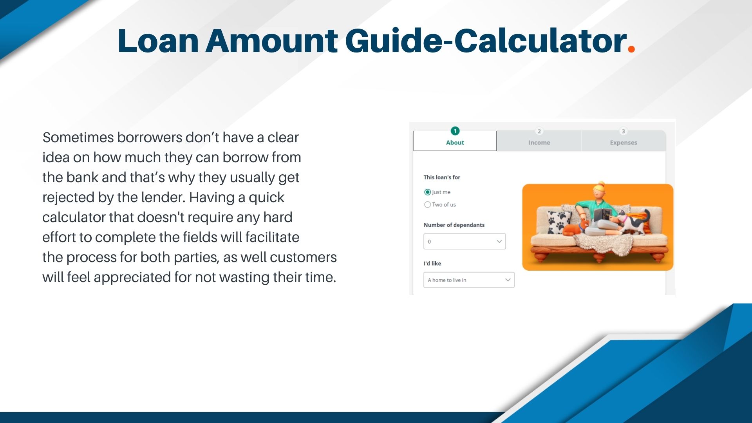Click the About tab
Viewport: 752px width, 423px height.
point(455,142)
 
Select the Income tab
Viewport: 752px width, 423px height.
point(539,142)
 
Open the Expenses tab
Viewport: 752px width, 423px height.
point(623,142)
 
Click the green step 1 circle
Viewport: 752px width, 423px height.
point(455,131)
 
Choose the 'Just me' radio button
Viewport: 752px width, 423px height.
point(428,192)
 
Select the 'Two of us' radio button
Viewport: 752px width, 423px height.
point(428,204)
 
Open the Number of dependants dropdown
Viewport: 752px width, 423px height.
point(465,241)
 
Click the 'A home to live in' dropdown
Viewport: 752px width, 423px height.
point(469,280)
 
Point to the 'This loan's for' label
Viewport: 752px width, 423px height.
point(442,177)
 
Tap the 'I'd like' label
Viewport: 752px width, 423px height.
point(432,263)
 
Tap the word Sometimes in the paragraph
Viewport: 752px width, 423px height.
point(78,137)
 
